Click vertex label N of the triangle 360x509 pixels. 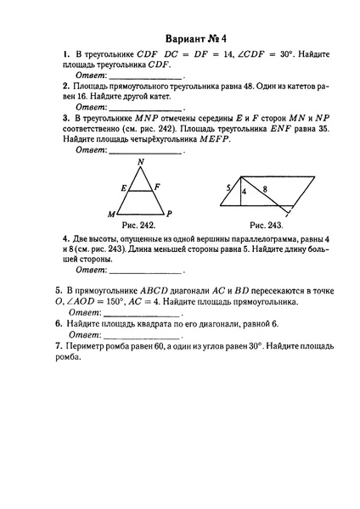141,163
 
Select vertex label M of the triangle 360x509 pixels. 110,213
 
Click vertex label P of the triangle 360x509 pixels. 171,213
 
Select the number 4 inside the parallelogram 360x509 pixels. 244,193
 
